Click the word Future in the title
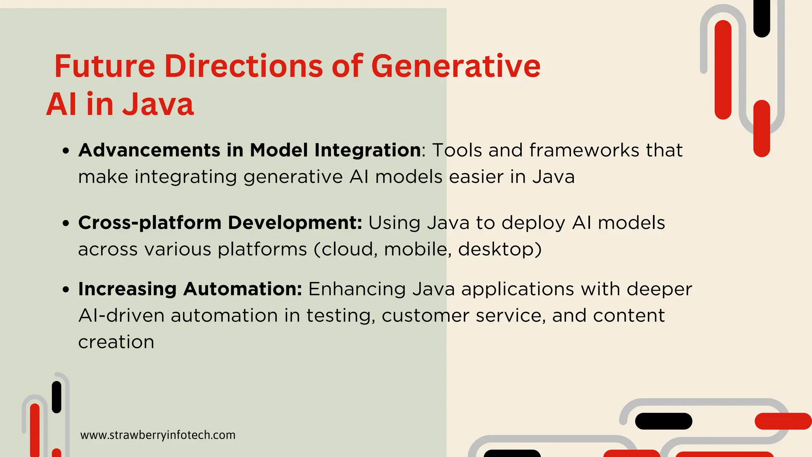coord(105,66)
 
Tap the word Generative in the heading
coord(456,66)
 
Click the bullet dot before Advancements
coord(66,151)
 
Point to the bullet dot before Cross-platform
coord(66,223)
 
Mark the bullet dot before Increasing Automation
coord(66,290)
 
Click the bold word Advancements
coord(149,150)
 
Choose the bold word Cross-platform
coord(149,223)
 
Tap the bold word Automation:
coord(243,289)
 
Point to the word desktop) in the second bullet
coord(500,250)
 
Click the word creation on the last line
coord(116,342)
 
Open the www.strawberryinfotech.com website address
coord(158,435)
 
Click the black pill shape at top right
coord(761,18)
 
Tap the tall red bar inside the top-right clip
coord(723,69)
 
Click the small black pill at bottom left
coord(57,397)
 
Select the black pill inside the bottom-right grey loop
coord(663,421)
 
